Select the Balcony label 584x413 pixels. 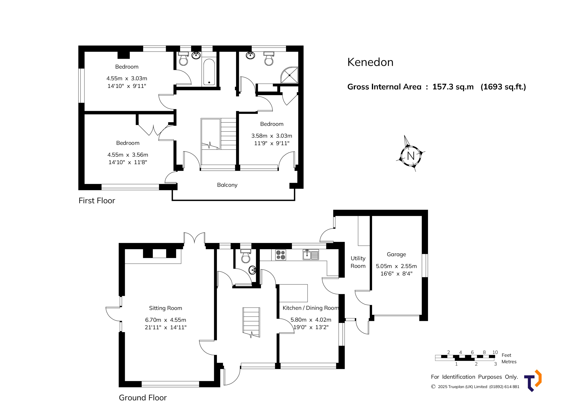pyautogui.click(x=227, y=185)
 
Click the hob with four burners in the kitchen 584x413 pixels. pyautogui.click(x=280, y=255)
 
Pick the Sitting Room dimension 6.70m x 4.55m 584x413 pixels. pyautogui.click(x=165, y=320)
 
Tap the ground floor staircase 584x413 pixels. pyautogui.click(x=251, y=322)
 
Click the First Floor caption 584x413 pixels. pyautogui.click(x=97, y=201)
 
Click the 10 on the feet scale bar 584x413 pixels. pyautogui.click(x=495, y=352)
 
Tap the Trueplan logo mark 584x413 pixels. pyautogui.click(x=533, y=381)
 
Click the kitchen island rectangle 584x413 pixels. pyautogui.click(x=293, y=293)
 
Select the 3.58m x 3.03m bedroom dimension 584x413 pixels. pyautogui.click(x=271, y=136)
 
